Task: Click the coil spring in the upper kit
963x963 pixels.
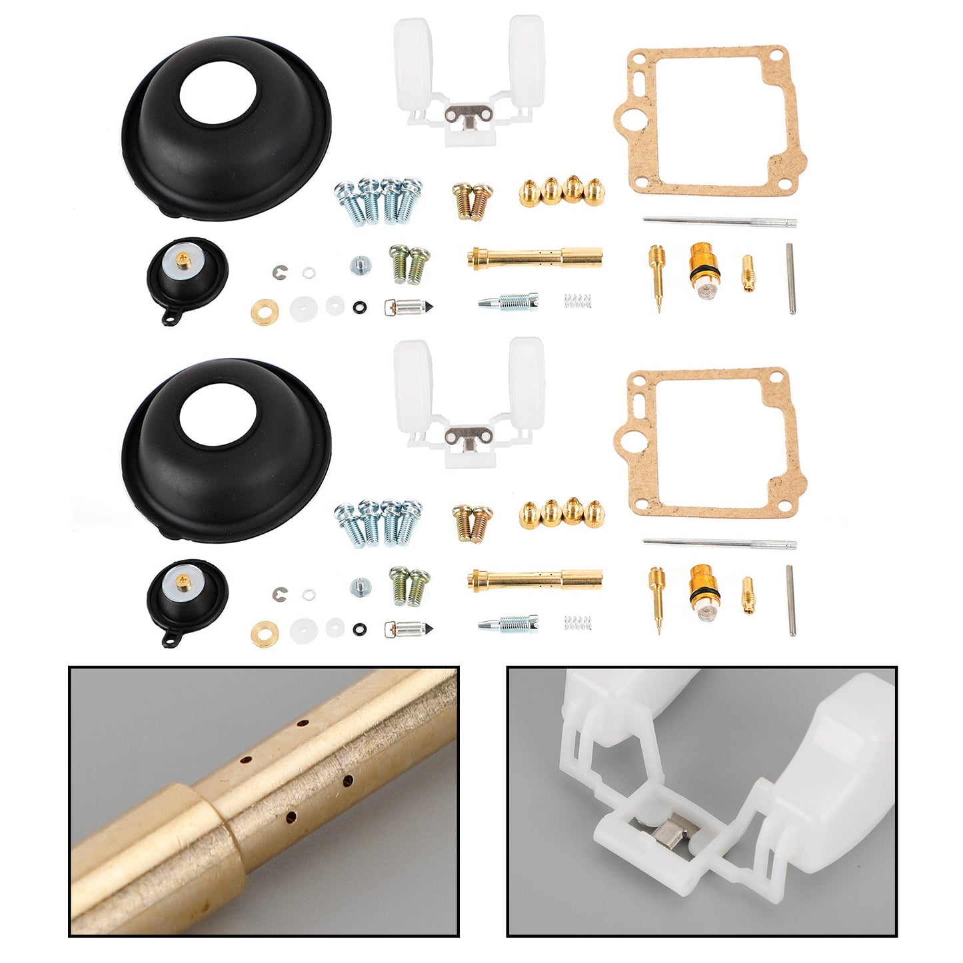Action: pyautogui.click(x=578, y=301)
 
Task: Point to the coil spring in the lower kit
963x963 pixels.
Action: pyautogui.click(x=578, y=624)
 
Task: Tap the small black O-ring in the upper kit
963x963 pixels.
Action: pyautogui.click(x=360, y=307)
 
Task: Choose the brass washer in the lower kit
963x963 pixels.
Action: pyautogui.click(x=265, y=630)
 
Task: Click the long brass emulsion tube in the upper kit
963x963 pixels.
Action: pyautogui.click(x=535, y=257)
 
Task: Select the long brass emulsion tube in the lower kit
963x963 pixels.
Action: pyautogui.click(x=535, y=579)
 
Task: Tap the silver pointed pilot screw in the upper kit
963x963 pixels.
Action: pyautogui.click(x=508, y=302)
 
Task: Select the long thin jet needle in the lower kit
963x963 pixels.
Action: pyautogui.click(x=720, y=544)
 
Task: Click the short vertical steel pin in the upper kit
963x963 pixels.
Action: pyautogui.click(x=791, y=279)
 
